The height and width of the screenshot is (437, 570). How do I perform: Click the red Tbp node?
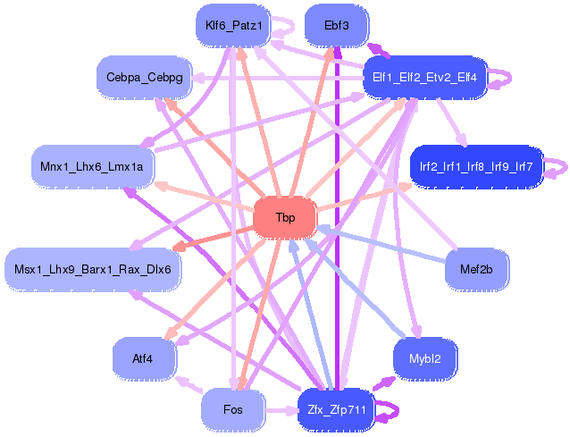pyautogui.click(x=285, y=218)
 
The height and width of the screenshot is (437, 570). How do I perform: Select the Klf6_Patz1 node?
pyautogui.click(x=233, y=25)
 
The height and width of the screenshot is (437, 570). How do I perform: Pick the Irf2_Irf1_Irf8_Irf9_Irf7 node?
pyautogui.click(x=476, y=166)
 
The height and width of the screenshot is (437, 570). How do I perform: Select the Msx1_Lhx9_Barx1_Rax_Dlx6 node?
pyautogui.click(x=93, y=268)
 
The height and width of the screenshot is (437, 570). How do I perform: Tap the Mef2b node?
pyautogui.click(x=476, y=268)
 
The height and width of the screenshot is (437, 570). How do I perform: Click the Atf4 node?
pyautogui.click(x=143, y=358)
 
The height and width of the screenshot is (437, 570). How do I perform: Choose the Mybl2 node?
pyautogui.click(x=425, y=358)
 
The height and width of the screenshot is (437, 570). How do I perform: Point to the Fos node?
pyautogui.click(x=233, y=410)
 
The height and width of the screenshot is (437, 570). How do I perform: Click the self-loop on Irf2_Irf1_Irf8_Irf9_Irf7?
pyautogui.click(x=557, y=166)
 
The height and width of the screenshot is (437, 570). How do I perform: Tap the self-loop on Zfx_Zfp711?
pyautogui.click(x=386, y=412)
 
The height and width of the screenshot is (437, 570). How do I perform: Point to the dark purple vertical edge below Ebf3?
pyautogui.click(x=337, y=223)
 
